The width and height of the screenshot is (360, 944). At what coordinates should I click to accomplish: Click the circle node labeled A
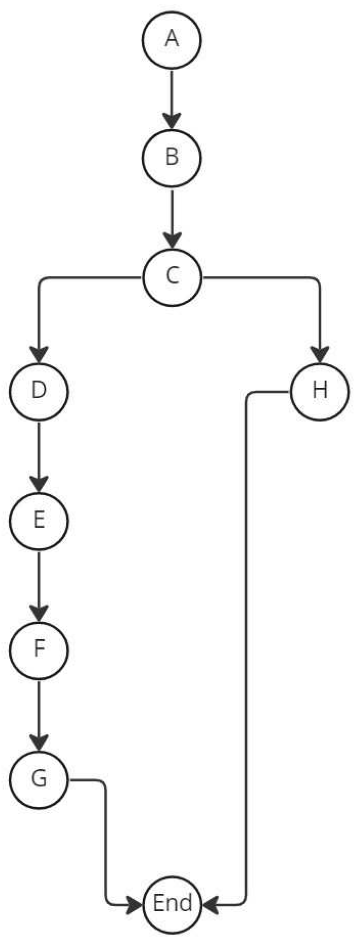click(x=172, y=39)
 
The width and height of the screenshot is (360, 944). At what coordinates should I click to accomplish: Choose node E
click(x=39, y=520)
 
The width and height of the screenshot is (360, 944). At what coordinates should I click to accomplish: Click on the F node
click(x=39, y=650)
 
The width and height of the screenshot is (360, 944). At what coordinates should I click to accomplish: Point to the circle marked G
click(x=39, y=779)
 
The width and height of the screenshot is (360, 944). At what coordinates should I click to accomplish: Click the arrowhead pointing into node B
click(x=172, y=121)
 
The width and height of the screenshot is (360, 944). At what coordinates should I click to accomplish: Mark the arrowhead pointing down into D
click(x=39, y=354)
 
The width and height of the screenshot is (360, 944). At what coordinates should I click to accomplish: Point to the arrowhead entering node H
click(x=319, y=354)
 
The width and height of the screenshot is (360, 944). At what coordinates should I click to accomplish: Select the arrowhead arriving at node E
click(x=39, y=484)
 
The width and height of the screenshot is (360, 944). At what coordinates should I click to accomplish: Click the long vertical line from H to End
click(x=247, y=646)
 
